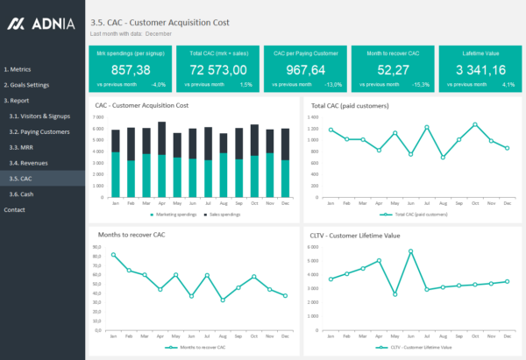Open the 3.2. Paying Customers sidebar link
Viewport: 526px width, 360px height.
pos(39,131)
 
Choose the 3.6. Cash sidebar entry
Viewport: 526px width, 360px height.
pos(22,194)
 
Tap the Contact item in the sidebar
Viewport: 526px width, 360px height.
pos(14,209)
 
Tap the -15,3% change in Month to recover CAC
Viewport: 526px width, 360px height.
pos(420,85)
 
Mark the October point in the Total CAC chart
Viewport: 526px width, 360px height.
pos(475,124)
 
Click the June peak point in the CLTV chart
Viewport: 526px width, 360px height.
pos(410,251)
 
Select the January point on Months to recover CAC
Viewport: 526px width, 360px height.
pos(114,255)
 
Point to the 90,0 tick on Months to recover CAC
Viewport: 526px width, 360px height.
pos(96,247)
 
